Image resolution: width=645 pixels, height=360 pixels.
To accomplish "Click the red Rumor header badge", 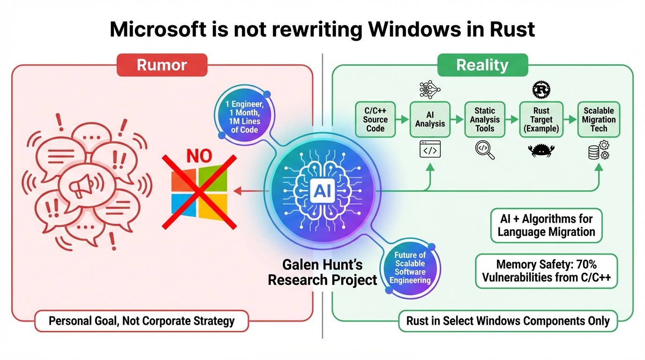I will point(162,65).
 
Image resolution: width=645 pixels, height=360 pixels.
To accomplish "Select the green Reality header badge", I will point(482,65).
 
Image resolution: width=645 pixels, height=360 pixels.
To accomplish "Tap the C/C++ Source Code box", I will point(375,120).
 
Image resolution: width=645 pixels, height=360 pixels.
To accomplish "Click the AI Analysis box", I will point(430,120).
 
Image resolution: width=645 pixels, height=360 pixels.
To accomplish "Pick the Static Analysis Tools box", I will point(485,120).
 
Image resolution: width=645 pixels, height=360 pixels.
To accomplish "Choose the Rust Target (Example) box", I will point(541,120).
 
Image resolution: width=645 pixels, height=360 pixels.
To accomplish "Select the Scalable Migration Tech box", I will point(599,120).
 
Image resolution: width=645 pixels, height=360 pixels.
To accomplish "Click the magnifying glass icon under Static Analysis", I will point(485,150).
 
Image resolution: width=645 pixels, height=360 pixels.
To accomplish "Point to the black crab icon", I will point(541,150).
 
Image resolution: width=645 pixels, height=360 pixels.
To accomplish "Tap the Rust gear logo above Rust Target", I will point(541,89).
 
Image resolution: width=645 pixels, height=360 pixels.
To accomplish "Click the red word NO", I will point(200,155).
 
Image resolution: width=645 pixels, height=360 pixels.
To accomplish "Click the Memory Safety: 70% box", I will point(546,271).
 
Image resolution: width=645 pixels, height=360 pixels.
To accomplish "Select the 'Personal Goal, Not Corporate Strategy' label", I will point(142,321).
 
